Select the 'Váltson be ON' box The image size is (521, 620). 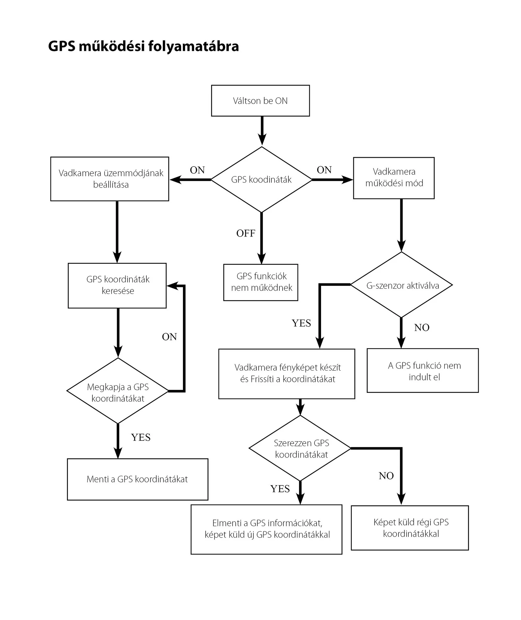click(x=260, y=101)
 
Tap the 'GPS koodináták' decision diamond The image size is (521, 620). click(x=261, y=179)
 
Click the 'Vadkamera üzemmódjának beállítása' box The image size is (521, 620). click(x=110, y=179)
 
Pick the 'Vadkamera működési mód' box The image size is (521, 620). click(x=394, y=178)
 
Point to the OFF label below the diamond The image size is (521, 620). click(x=246, y=233)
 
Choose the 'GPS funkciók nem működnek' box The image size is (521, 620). click(x=261, y=282)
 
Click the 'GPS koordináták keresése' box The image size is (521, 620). click(x=117, y=286)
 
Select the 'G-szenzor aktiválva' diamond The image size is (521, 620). click(x=402, y=285)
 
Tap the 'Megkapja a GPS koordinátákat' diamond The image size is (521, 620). click(x=118, y=391)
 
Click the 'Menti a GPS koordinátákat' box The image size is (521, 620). click(x=138, y=479)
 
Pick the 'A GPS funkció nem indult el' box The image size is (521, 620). click(x=423, y=370)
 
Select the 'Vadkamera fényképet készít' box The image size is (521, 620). click(x=287, y=374)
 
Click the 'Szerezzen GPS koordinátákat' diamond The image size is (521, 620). click(x=300, y=448)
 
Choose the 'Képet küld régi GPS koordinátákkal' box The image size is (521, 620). click(x=410, y=528)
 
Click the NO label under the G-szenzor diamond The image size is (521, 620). click(x=422, y=328)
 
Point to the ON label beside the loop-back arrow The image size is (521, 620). click(x=169, y=337)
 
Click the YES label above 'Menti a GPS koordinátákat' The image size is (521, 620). click(x=141, y=437)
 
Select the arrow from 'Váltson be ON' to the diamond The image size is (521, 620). click(x=262, y=131)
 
